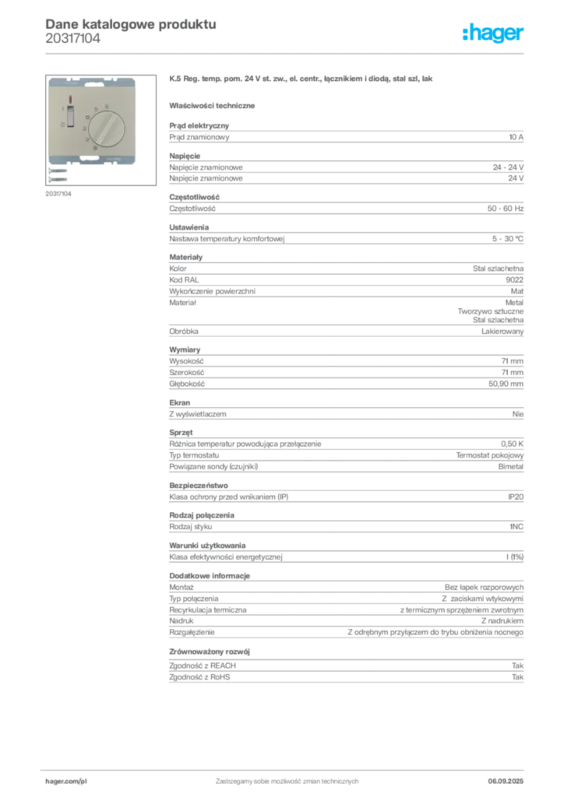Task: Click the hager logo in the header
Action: point(492,33)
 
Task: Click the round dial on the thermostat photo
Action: point(107,128)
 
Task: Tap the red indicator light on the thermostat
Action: point(70,100)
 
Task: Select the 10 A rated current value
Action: point(516,137)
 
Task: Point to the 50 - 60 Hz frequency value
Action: point(505,209)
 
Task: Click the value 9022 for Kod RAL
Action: point(514,280)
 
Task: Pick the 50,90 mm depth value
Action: point(506,384)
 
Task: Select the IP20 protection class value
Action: point(515,497)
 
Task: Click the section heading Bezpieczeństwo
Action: point(199,486)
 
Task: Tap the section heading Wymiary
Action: point(185,349)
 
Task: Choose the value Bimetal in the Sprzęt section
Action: point(510,467)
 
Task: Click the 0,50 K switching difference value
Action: point(512,444)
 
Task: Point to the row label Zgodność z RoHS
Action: point(199,677)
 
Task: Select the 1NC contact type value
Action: point(516,527)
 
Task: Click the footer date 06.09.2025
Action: point(506,781)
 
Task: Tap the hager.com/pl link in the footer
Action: point(66,781)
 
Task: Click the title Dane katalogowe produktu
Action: point(131,24)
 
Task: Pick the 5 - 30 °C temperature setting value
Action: point(508,239)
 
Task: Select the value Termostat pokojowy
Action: point(489,455)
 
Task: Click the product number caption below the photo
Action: point(58,194)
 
